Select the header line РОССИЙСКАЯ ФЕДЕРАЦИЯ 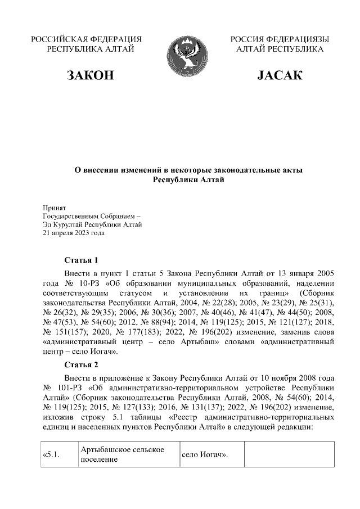[x=86, y=39]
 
